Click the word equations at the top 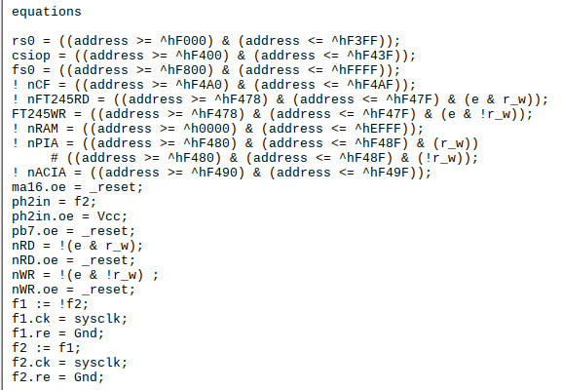click(x=47, y=12)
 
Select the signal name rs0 click(x=23, y=41)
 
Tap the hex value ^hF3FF click(x=355, y=41)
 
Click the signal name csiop click(x=31, y=56)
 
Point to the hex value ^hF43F click(x=370, y=56)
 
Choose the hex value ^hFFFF click(x=355, y=70)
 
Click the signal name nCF click(x=39, y=85)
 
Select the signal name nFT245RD click(x=58, y=99)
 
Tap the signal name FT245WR click(x=39, y=114)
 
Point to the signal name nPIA click(x=43, y=143)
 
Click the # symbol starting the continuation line click(x=55, y=158)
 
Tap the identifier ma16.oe click(x=39, y=187)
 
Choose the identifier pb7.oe click(x=35, y=231)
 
